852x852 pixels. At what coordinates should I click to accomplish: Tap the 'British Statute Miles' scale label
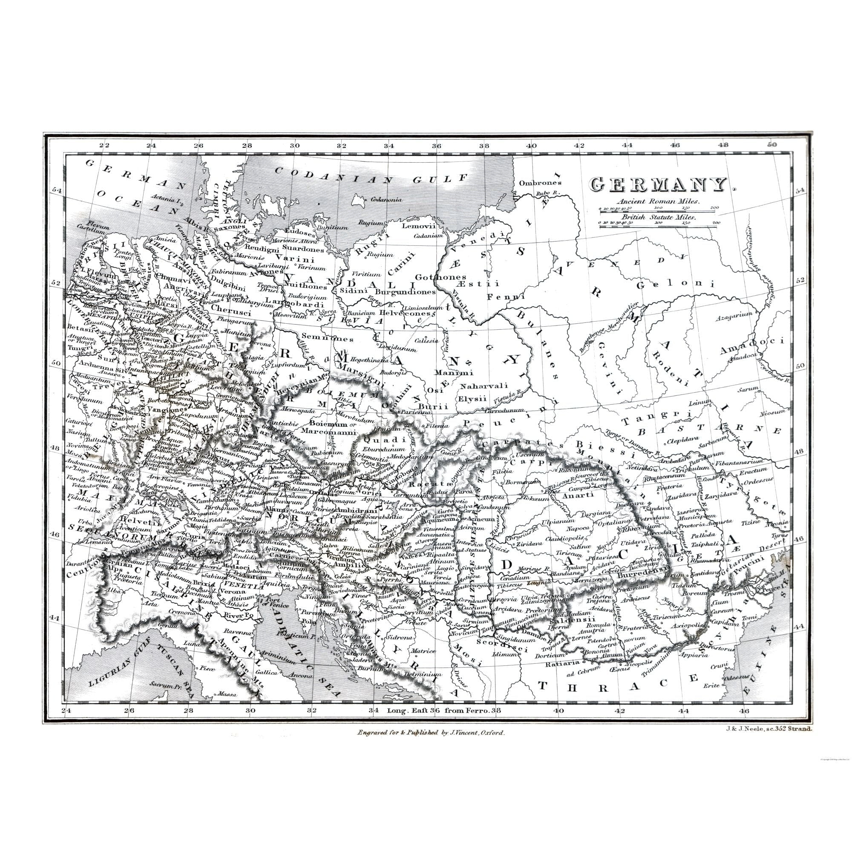pos(659,217)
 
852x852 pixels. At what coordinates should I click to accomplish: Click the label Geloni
pos(674,285)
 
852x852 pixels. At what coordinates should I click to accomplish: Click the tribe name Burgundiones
pos(405,291)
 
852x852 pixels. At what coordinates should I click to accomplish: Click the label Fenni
pos(506,297)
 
